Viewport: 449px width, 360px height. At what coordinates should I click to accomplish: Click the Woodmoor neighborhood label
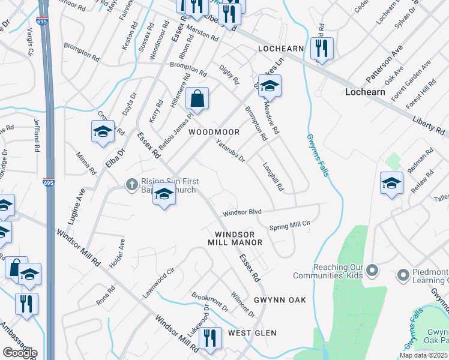pos(214,132)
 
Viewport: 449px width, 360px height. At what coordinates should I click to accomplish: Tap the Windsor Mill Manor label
pos(235,238)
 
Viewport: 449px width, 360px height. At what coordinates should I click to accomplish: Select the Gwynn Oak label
pos(280,300)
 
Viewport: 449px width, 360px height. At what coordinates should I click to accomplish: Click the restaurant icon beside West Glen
pos(210,337)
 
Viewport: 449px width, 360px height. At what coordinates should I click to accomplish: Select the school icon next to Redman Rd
pos(391,183)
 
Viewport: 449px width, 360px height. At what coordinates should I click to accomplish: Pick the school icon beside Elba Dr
pos(103,131)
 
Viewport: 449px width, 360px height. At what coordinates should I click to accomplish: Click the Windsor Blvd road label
pos(243,213)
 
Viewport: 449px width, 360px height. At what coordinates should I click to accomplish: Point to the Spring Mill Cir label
pos(289,226)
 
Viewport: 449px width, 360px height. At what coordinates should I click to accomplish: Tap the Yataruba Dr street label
pos(231,149)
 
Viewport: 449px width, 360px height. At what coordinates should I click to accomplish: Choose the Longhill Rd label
pos(273,178)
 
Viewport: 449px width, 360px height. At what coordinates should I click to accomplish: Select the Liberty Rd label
pos(428,125)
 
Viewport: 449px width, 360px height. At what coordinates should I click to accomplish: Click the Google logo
pos(19,352)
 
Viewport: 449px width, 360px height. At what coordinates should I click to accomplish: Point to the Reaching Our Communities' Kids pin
pos(373,271)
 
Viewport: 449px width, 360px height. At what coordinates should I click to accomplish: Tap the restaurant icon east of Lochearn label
pos(322,49)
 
